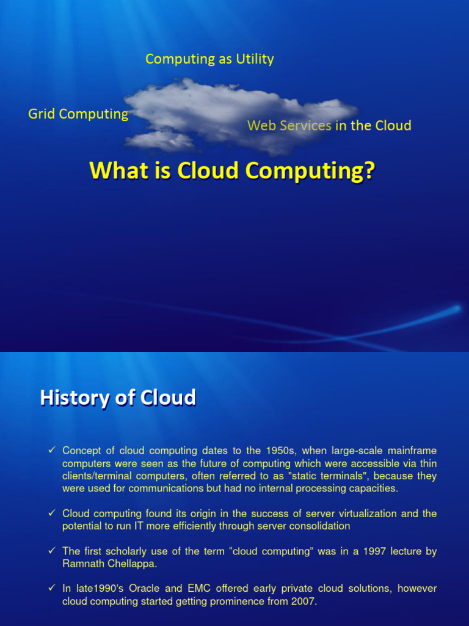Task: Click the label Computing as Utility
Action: coord(209,59)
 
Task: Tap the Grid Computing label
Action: coord(78,114)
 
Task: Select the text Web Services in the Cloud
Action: coord(329,126)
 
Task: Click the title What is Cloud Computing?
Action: coord(232,171)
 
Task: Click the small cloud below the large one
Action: coord(160,141)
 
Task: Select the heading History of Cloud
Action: coord(118,398)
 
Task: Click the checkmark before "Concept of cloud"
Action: coord(52,451)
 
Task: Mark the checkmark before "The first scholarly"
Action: coord(52,551)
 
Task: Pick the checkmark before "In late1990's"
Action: coord(52,589)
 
